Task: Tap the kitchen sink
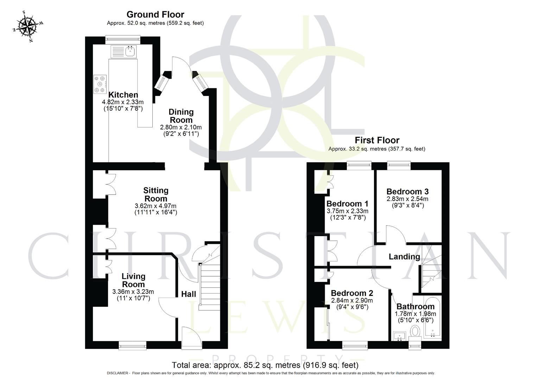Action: (131, 51)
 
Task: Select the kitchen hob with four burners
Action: (100, 84)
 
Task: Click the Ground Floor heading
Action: (155, 14)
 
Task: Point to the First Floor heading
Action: (377, 140)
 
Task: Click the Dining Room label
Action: (181, 116)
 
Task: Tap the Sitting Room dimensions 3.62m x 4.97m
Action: (156, 206)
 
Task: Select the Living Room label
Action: (133, 280)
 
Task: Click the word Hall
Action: (189, 294)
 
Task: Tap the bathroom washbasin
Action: (399, 336)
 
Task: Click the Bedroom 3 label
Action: (407, 192)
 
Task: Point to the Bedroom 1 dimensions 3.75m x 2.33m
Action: (347, 211)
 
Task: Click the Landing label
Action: (404, 256)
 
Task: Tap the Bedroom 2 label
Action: (352, 293)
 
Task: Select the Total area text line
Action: (265, 365)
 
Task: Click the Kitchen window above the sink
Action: (123, 40)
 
